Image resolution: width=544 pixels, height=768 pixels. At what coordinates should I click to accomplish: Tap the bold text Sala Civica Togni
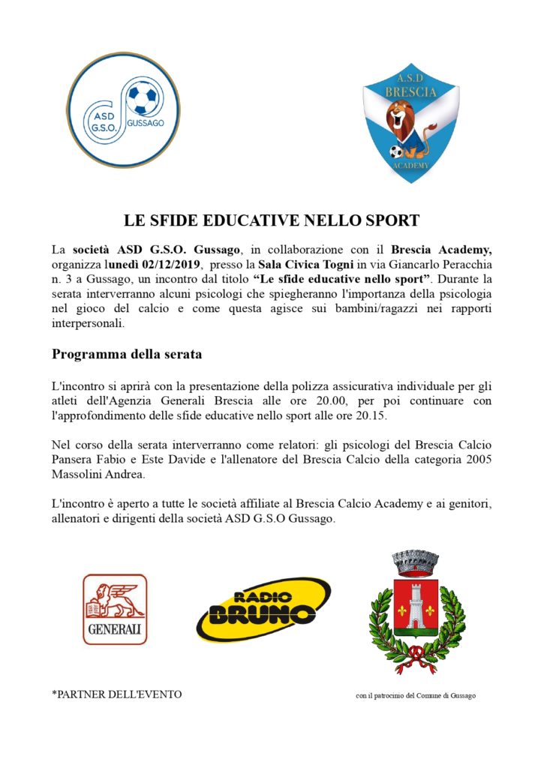tap(304, 265)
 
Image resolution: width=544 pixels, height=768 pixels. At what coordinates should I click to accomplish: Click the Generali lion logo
tap(115, 609)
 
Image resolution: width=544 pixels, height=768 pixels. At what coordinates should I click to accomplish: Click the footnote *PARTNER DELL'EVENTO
tap(116, 694)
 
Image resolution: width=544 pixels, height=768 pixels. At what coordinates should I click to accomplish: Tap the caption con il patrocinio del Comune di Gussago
tap(415, 695)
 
